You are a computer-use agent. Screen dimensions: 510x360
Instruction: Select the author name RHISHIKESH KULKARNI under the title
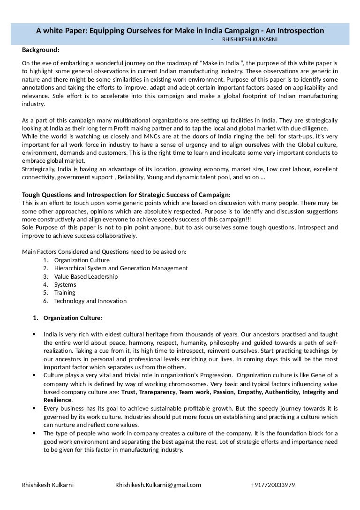(249, 40)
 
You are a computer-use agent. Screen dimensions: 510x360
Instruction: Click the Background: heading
(41, 50)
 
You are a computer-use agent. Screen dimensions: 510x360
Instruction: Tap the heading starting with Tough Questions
(126, 195)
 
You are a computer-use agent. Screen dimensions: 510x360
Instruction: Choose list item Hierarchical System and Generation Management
(121, 268)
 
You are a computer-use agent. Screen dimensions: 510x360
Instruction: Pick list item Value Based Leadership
(86, 276)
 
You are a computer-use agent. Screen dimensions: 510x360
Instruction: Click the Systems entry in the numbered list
(65, 284)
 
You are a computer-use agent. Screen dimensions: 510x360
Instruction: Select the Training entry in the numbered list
(65, 293)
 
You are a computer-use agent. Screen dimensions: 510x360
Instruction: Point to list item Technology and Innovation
(90, 301)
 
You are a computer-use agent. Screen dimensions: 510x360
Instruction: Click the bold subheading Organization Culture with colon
(72, 318)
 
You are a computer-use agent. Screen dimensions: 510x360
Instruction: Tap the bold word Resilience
(58, 400)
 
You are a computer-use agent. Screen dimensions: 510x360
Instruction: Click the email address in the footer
(158, 485)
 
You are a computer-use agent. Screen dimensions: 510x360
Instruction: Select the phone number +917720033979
(273, 485)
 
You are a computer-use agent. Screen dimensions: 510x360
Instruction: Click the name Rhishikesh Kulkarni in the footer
(48, 485)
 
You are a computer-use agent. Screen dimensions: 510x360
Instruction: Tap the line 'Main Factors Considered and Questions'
(104, 252)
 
